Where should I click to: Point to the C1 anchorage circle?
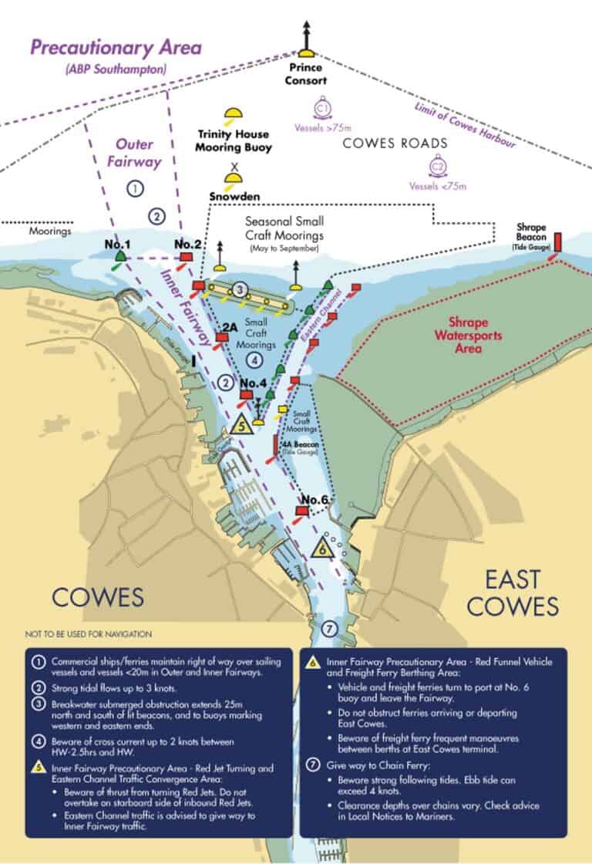(x=324, y=107)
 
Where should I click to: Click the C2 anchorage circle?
(x=438, y=166)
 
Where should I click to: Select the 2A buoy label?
(x=228, y=327)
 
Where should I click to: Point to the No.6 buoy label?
(x=315, y=499)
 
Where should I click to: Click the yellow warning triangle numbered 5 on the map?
(x=241, y=425)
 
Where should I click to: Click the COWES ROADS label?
(x=394, y=143)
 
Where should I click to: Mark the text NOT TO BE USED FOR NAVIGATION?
(x=88, y=633)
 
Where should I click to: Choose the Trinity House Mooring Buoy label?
(x=233, y=142)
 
